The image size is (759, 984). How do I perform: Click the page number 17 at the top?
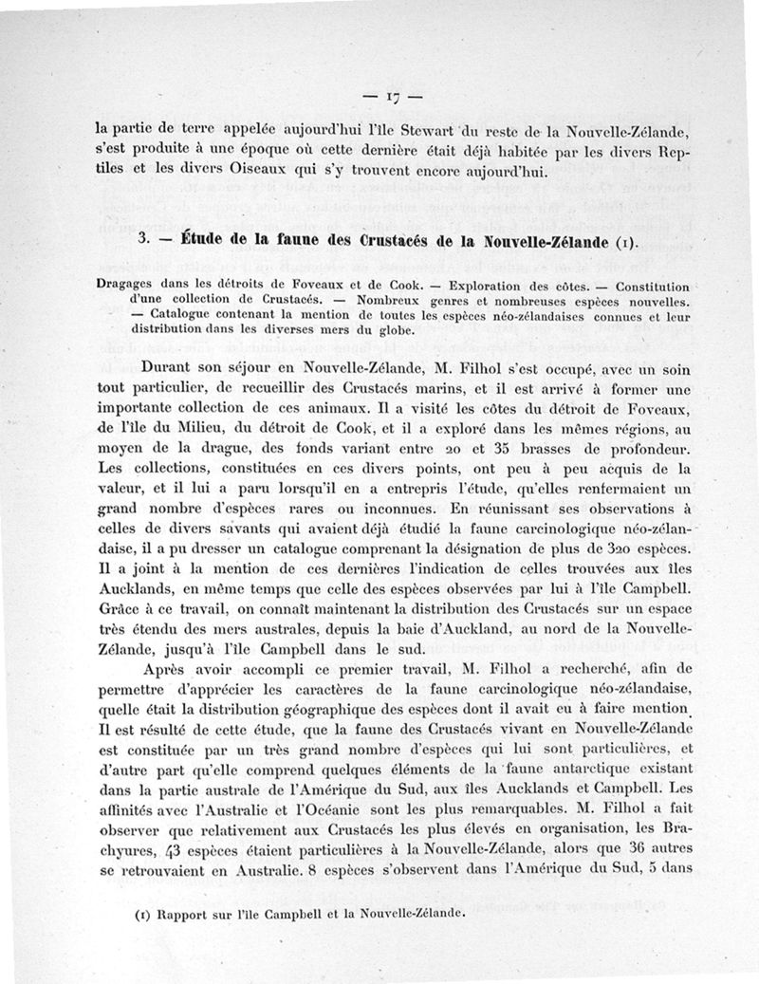tap(393, 96)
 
